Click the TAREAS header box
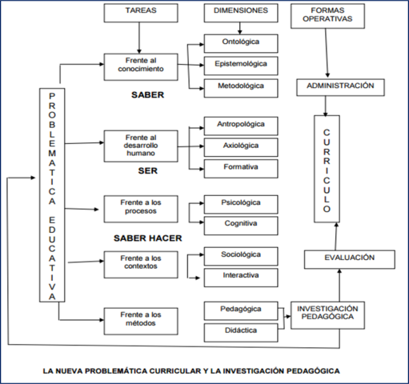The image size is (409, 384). coord(141,14)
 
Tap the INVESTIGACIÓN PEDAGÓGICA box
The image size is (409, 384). coord(326,313)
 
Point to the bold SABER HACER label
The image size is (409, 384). coord(148,238)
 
